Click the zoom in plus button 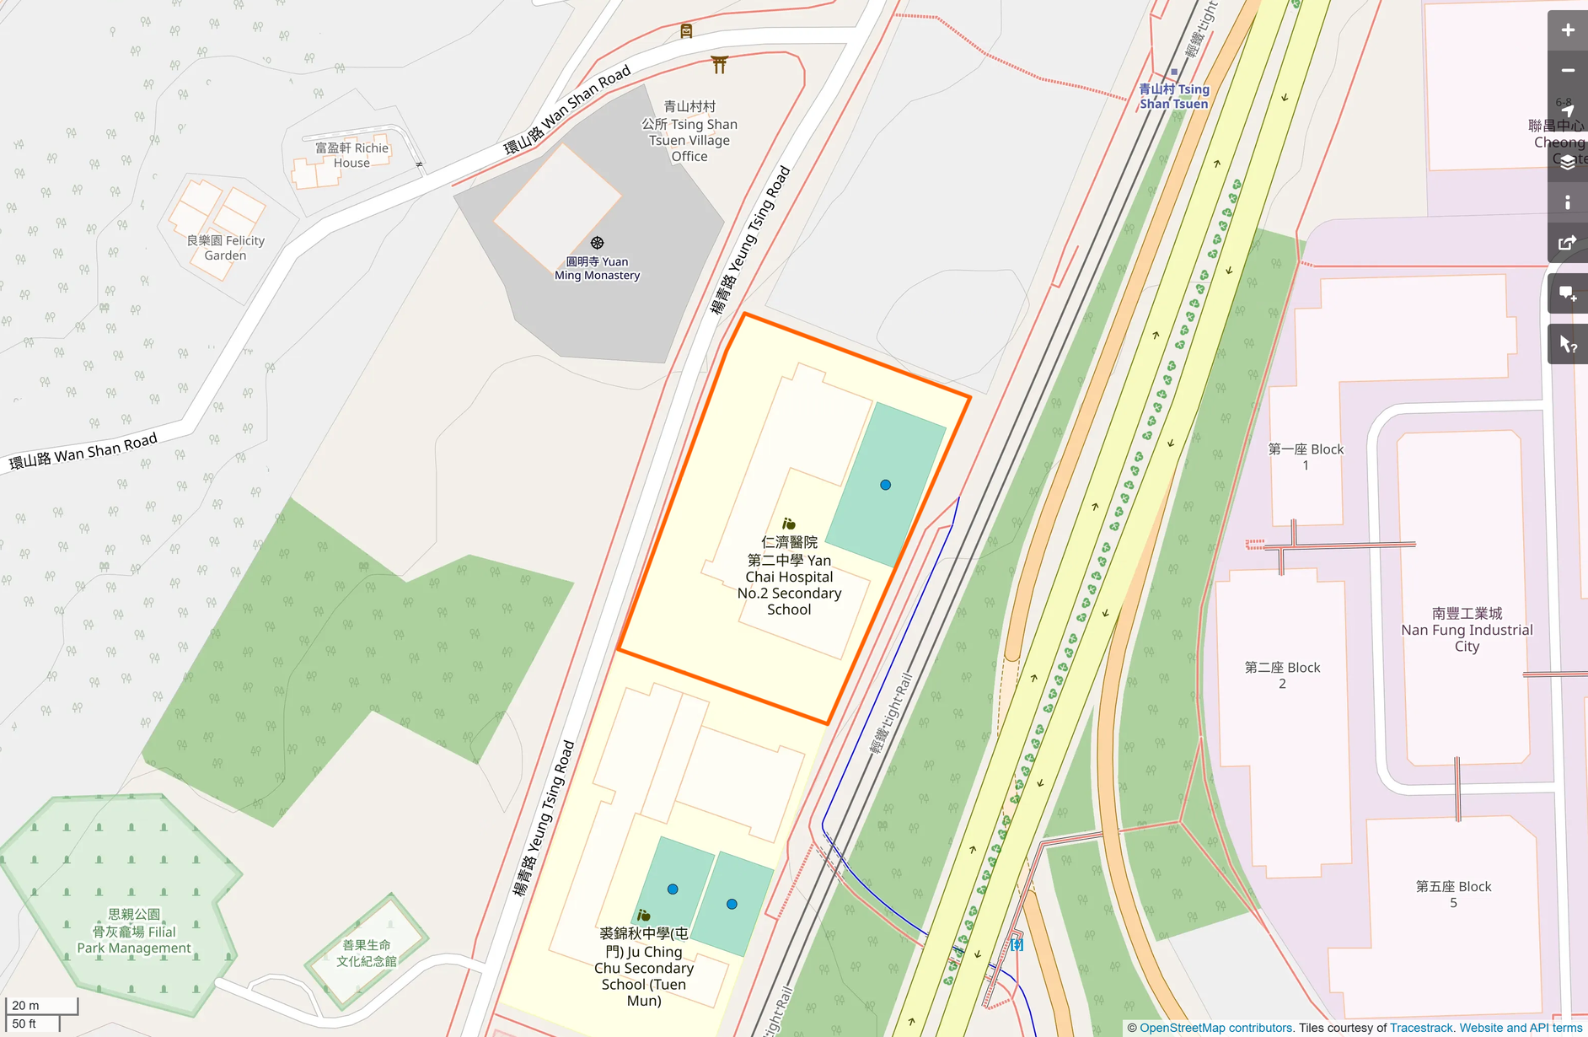click(1567, 30)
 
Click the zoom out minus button click(1567, 71)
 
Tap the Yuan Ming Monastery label click(597, 268)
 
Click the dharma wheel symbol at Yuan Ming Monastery click(597, 243)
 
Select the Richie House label click(351, 155)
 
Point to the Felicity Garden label click(225, 248)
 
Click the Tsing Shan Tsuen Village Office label click(689, 132)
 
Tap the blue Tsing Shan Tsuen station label click(1173, 96)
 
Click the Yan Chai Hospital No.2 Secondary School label click(789, 576)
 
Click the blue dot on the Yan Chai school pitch click(885, 485)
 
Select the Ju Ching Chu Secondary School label click(644, 966)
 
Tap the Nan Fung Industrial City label click(1467, 630)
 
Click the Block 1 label click(1306, 457)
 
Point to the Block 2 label click(1282, 674)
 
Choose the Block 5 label click(1453, 894)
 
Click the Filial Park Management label click(134, 931)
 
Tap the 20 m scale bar click(41, 1005)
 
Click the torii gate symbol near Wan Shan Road click(719, 64)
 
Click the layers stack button click(1567, 162)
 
